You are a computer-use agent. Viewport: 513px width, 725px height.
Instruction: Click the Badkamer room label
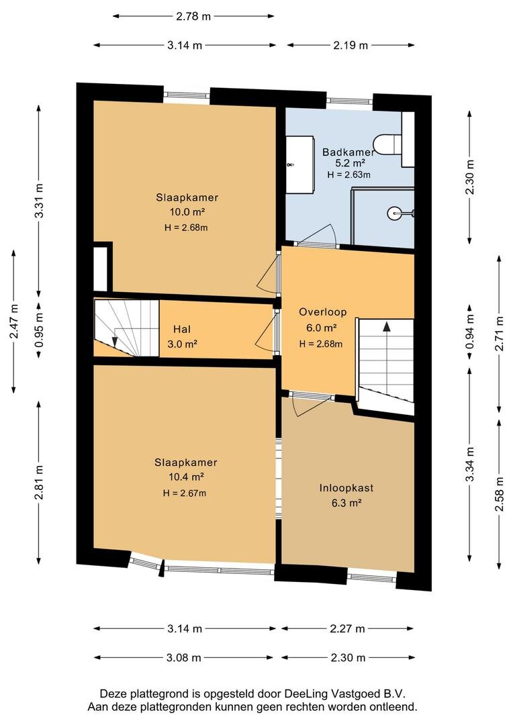[x=348, y=152]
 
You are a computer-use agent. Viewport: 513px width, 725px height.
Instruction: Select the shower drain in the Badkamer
[x=393, y=213]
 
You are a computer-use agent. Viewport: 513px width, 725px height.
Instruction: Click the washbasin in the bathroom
[x=299, y=164]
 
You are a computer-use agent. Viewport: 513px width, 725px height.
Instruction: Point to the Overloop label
[x=322, y=312]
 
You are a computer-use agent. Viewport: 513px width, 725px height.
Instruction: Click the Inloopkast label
[x=346, y=488]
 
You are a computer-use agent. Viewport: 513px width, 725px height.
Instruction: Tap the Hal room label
[x=182, y=329]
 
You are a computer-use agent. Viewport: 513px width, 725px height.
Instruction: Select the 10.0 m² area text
[x=187, y=212]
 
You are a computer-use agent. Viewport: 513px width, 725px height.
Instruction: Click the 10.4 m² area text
[x=186, y=477]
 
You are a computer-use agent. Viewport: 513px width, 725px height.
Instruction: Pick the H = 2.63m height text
[x=348, y=175]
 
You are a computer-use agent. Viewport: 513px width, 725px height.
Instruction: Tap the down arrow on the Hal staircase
[x=114, y=342]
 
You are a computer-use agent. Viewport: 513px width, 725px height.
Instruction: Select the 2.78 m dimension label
[x=193, y=16]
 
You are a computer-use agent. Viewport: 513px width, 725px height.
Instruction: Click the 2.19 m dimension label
[x=351, y=45]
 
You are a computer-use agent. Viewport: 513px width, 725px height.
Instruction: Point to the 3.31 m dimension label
[x=40, y=201]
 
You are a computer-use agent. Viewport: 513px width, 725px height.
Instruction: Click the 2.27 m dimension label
[x=347, y=628]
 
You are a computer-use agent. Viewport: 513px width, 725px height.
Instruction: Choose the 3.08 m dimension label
[x=183, y=657]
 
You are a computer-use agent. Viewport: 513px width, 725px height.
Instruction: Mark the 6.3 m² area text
[x=346, y=503]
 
